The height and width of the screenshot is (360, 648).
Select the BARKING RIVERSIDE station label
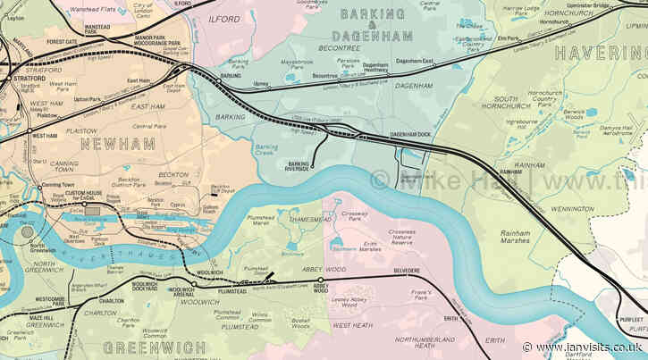click(x=297, y=166)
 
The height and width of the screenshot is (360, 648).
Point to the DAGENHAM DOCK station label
click(x=409, y=134)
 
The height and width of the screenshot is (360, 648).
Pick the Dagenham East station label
click(x=414, y=61)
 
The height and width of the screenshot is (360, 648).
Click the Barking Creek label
click(x=266, y=149)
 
